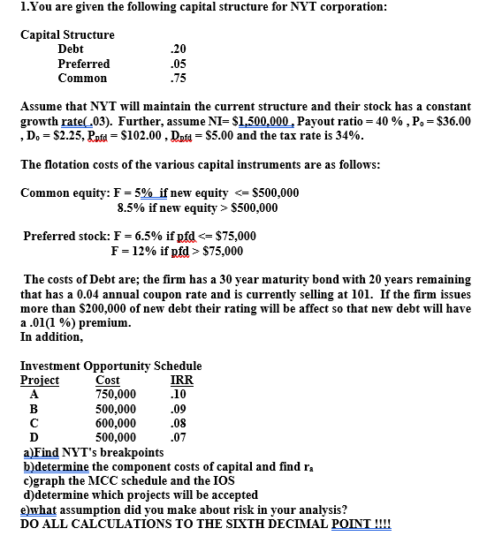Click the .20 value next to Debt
pyautogui.click(x=176, y=49)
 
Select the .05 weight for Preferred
pyautogui.click(x=176, y=64)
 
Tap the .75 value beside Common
pyautogui.click(x=176, y=78)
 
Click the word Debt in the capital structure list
pyautogui.click(x=71, y=49)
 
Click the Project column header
pyautogui.click(x=39, y=380)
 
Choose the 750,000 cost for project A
pyautogui.click(x=116, y=394)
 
